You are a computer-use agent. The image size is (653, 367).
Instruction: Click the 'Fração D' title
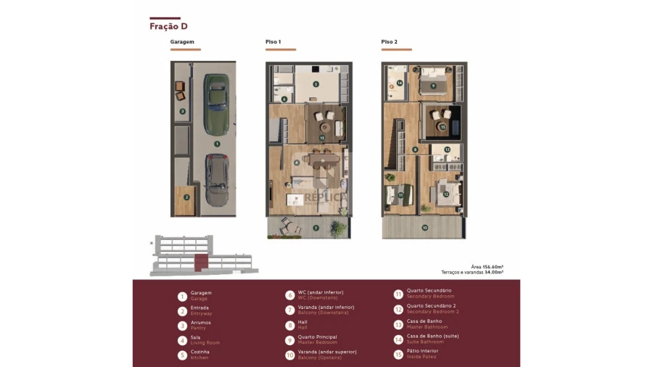pyautogui.click(x=168, y=26)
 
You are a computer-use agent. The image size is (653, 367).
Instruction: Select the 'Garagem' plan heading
pyautogui.click(x=182, y=42)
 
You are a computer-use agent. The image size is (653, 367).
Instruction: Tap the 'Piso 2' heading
pyautogui.click(x=389, y=42)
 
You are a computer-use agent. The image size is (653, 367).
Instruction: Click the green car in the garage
pyautogui.click(x=215, y=104)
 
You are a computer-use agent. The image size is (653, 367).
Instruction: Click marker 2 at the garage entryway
pyautogui.click(x=186, y=197)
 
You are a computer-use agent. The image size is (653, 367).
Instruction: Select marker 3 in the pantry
pyautogui.click(x=182, y=112)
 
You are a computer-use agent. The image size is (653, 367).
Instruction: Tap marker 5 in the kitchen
pyautogui.click(x=316, y=84)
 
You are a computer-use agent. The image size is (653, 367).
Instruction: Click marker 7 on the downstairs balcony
pyautogui.click(x=316, y=228)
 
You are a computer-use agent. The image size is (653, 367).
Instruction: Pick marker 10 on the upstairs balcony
pyautogui.click(x=424, y=228)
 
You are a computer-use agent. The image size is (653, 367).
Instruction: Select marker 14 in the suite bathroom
pyautogui.click(x=400, y=83)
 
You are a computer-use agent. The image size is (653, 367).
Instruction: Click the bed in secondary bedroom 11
pyautogui.click(x=401, y=194)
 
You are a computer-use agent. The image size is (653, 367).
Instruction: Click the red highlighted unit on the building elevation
pyautogui.click(x=201, y=262)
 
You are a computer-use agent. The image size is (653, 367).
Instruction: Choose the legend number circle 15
pyautogui.click(x=398, y=354)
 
